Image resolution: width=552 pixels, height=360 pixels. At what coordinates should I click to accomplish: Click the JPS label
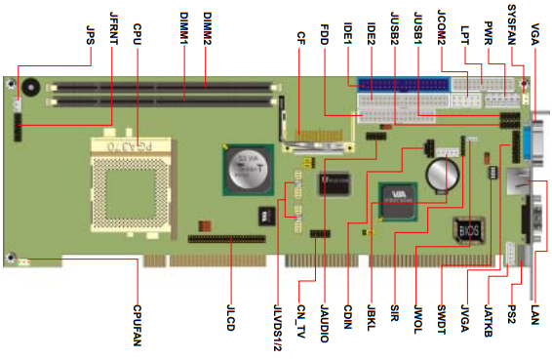pyautogui.click(x=91, y=35)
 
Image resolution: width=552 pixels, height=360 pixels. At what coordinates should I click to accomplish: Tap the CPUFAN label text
pyautogui.click(x=138, y=326)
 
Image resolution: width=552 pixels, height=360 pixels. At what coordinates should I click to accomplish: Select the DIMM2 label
pyautogui.click(x=208, y=28)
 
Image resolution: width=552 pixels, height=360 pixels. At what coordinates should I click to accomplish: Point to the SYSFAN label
pyautogui.click(x=512, y=24)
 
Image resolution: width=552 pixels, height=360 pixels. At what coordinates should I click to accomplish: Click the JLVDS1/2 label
pyautogui.click(x=277, y=328)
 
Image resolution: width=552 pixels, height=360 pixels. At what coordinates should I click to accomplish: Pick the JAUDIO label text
pyautogui.click(x=324, y=324)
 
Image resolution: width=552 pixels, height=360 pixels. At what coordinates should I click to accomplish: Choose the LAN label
pyautogui.click(x=534, y=314)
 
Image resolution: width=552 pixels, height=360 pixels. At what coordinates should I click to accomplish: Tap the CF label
pyautogui.click(x=301, y=38)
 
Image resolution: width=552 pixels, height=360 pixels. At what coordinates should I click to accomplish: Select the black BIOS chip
pyautogui.click(x=469, y=230)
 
